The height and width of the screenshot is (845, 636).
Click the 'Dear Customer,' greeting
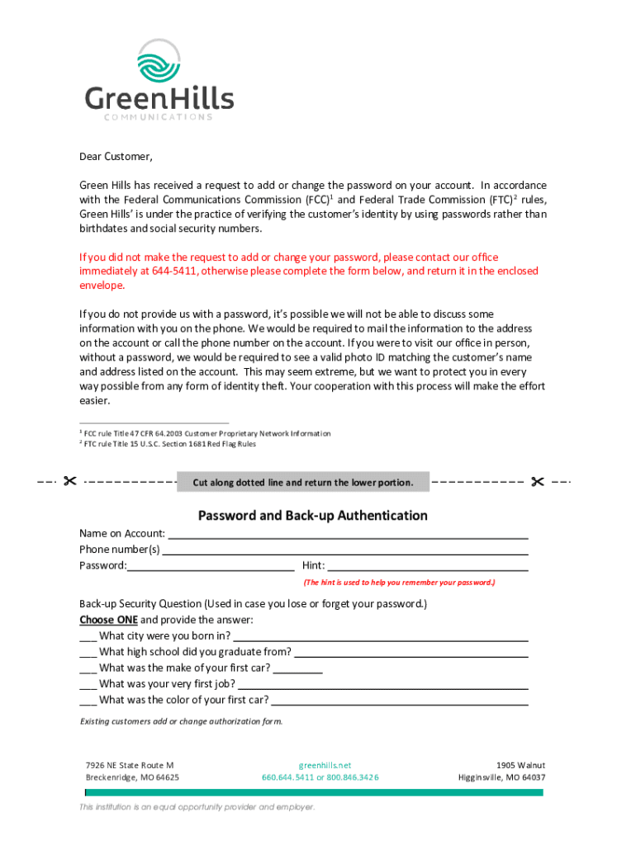(x=116, y=157)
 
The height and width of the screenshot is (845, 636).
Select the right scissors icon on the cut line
(x=538, y=481)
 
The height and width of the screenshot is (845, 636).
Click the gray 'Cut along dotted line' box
(x=303, y=482)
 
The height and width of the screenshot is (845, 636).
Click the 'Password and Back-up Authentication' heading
(x=312, y=516)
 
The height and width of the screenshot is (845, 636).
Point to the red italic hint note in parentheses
(x=399, y=582)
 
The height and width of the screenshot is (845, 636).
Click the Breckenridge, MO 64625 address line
(x=132, y=777)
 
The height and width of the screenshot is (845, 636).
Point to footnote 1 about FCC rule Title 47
(x=206, y=433)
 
